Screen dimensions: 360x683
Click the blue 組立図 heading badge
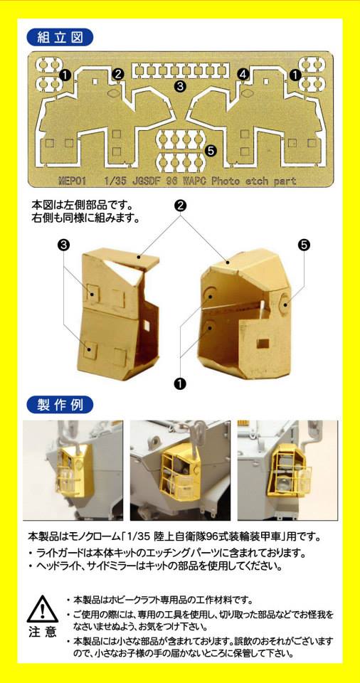[x=60, y=38]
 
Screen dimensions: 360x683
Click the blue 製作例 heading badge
[x=60, y=405]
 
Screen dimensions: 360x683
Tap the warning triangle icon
[x=42, y=608]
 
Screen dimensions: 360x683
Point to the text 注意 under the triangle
[x=43, y=632]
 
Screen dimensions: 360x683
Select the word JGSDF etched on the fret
[x=143, y=181]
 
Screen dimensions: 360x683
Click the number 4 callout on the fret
[x=243, y=75]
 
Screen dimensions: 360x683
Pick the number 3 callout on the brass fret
[x=179, y=85]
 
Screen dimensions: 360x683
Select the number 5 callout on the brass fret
[x=210, y=151]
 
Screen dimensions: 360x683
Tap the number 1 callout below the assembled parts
[x=179, y=383]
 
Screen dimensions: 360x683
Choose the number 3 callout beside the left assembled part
[x=63, y=245]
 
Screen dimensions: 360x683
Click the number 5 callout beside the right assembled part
[x=305, y=244]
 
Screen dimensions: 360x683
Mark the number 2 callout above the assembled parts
[x=181, y=205]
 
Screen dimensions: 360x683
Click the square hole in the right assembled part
[x=263, y=343]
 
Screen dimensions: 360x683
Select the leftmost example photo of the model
[x=73, y=470]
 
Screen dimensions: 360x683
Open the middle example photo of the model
[x=180, y=470]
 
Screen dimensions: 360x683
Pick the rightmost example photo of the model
[x=287, y=470]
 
